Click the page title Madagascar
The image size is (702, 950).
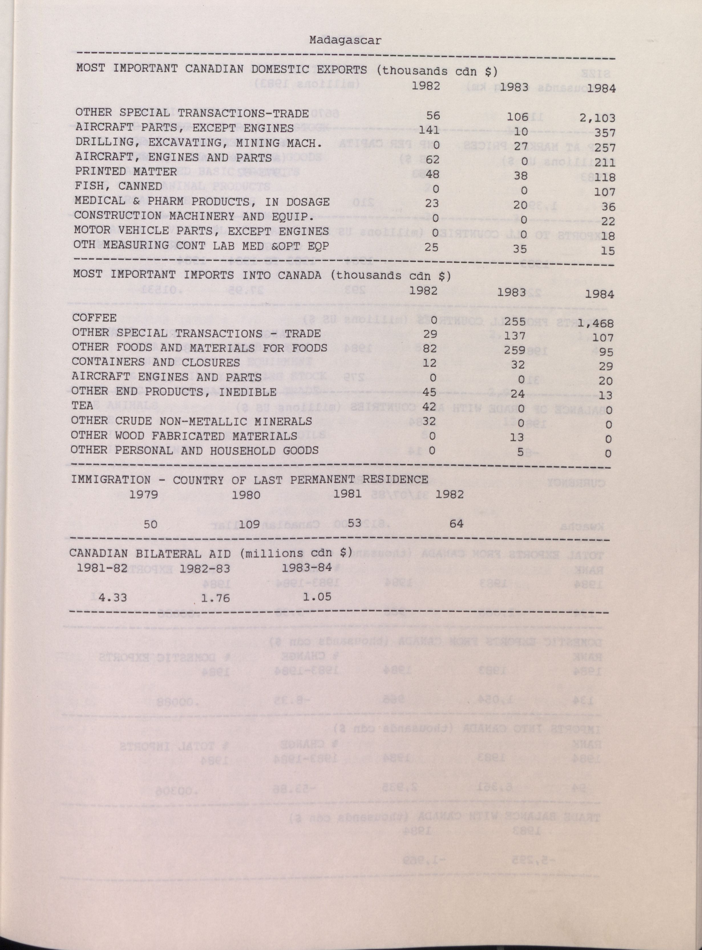(345, 41)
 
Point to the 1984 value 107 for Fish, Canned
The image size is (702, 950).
(602, 192)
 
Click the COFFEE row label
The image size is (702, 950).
(94, 318)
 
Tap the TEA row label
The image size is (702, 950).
(82, 406)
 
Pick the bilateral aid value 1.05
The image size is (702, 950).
(317, 596)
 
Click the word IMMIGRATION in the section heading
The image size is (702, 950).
(110, 480)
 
